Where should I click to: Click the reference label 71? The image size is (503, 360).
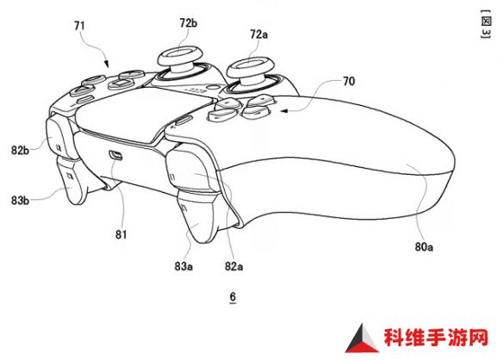click(79, 25)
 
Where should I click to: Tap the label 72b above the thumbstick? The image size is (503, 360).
click(189, 22)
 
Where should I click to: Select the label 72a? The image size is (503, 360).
click(258, 34)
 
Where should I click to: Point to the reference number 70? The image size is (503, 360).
click(349, 81)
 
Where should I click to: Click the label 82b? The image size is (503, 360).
click(20, 150)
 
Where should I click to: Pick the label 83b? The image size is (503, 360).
click(20, 201)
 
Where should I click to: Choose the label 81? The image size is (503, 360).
click(121, 235)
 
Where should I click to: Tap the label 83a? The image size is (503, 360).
click(183, 266)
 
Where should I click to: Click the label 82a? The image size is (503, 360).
click(234, 266)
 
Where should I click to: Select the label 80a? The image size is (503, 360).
click(424, 246)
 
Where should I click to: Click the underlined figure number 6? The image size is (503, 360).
click(233, 297)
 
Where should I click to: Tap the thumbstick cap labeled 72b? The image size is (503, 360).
click(180, 54)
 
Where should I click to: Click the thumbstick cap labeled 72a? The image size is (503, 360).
click(251, 65)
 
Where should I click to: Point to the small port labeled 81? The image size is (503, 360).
click(115, 155)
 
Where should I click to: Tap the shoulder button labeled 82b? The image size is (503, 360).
click(59, 139)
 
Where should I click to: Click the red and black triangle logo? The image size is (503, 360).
click(362, 339)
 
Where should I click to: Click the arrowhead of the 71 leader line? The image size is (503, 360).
click(107, 65)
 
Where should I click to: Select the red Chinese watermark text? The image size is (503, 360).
click(436, 338)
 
